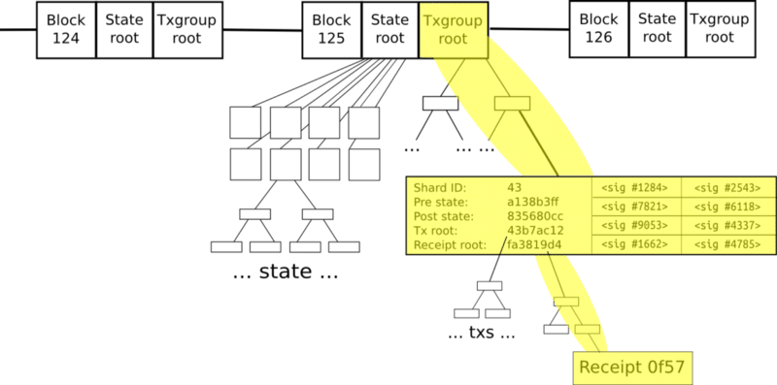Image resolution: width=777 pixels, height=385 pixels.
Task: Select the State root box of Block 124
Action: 124,29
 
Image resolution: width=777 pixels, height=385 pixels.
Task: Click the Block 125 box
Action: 331,29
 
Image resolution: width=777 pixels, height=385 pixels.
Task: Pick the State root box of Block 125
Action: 389,29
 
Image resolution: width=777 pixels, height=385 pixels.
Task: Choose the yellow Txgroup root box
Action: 453,29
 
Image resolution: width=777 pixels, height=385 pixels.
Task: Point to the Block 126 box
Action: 598,28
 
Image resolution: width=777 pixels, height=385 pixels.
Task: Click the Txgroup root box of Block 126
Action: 720,28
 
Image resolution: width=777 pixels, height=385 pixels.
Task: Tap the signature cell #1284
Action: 636,186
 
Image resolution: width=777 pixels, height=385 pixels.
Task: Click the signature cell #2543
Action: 728,186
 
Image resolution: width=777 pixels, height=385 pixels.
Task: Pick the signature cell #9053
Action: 636,225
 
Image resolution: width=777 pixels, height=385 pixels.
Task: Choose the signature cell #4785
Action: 728,244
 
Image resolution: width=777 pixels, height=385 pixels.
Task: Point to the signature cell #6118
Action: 728,206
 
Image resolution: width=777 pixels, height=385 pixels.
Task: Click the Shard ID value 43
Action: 515,186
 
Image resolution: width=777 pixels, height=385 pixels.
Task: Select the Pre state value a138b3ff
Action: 532,201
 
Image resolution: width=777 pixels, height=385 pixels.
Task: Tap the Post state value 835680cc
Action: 533,215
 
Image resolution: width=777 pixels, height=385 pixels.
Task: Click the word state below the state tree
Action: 286,272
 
